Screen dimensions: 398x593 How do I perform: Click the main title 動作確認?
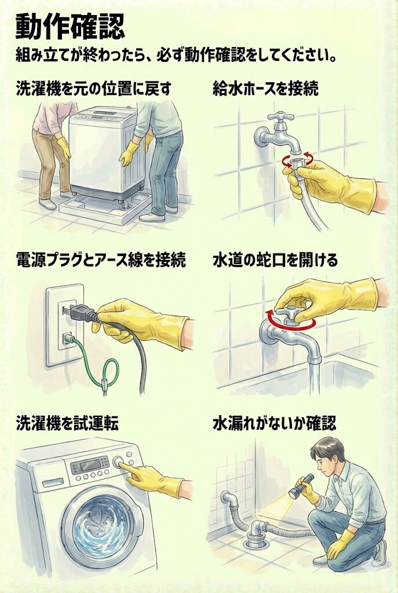tap(70, 27)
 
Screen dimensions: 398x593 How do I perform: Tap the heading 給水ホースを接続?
tap(265, 89)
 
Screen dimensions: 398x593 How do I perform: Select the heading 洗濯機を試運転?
tap(67, 423)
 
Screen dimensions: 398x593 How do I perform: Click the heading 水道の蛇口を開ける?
tap(275, 260)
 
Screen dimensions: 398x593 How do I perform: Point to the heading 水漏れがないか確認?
tap(274, 423)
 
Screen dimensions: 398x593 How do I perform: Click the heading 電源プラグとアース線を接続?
tap(101, 260)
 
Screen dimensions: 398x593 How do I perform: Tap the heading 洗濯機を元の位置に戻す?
tap(93, 89)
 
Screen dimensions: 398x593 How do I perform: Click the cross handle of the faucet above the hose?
tap(280, 117)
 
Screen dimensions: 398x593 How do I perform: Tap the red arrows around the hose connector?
tap(297, 160)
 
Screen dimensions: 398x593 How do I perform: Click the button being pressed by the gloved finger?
tap(118, 462)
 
